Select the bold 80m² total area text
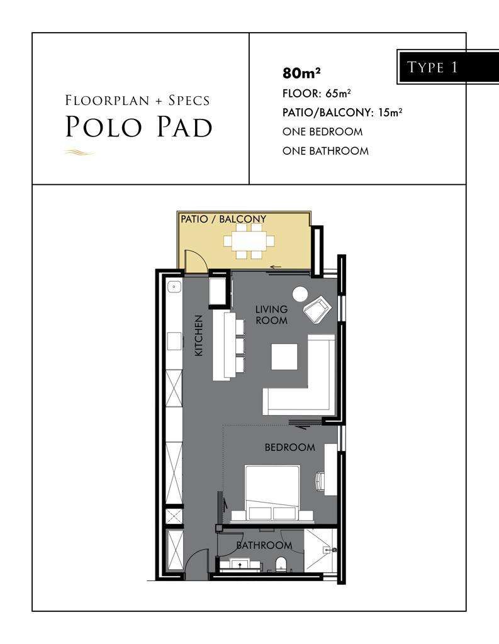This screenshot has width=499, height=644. [x=301, y=73]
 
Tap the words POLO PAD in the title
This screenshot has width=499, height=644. [x=139, y=126]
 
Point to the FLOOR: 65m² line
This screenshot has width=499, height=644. [x=317, y=94]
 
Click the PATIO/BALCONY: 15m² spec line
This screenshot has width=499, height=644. [x=342, y=113]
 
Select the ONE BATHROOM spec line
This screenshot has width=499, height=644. [x=325, y=151]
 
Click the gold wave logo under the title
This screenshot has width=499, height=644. [x=79, y=153]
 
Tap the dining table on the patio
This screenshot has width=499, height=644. [x=249, y=241]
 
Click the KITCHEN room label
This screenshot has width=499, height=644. [x=199, y=335]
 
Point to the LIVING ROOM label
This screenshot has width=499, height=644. [x=271, y=314]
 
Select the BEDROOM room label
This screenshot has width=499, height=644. [x=290, y=447]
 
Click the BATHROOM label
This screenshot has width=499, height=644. [x=264, y=545]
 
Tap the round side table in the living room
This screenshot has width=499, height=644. [x=300, y=294]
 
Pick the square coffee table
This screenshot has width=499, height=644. [x=284, y=357]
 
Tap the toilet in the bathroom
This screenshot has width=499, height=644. [x=281, y=563]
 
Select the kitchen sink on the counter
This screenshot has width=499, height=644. [x=174, y=286]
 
